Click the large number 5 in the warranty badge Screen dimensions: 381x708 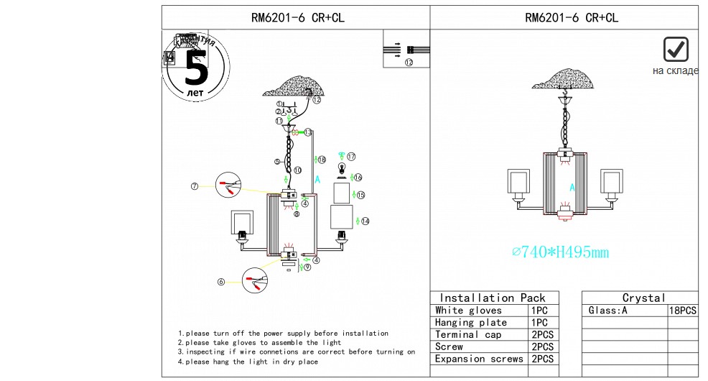tap(195, 68)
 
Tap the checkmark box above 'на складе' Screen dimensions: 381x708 tap(676, 50)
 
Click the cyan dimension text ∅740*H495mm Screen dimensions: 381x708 tap(560, 252)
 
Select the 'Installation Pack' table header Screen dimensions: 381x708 tap(493, 298)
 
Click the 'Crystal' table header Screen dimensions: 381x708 tap(643, 298)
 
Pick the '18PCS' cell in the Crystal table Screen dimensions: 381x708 tap(682, 311)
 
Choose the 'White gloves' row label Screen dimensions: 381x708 tap(468, 311)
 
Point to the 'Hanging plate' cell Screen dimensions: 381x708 tap(471, 323)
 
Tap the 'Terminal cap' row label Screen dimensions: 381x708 tap(468, 335)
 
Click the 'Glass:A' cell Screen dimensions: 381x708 tap(607, 311)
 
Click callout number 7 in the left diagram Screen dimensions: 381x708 tap(194, 187)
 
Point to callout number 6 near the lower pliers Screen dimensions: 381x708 tap(220, 282)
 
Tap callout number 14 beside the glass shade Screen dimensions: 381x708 tap(365, 221)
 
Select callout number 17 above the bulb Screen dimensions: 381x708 tap(351, 156)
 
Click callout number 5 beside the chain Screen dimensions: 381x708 tap(277, 161)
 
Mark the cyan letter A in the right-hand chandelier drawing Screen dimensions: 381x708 tap(572, 187)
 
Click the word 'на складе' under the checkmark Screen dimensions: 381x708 tap(675, 70)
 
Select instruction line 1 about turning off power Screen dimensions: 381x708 tap(283, 334)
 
